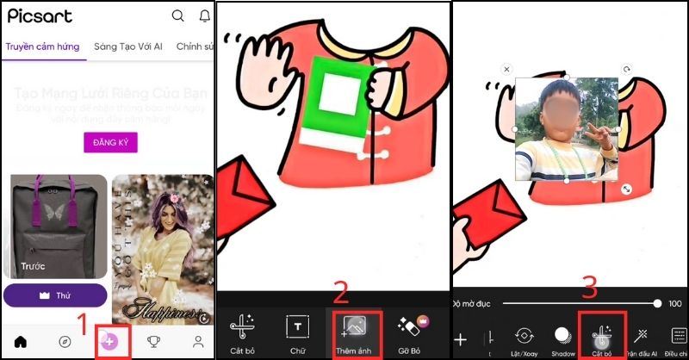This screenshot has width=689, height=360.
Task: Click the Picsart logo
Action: (x=40, y=16)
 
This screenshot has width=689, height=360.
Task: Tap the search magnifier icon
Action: (x=177, y=16)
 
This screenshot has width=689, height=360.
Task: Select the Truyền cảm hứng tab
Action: (x=43, y=47)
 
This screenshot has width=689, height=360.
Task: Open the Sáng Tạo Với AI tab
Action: (x=128, y=47)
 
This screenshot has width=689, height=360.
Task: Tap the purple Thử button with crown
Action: (x=54, y=295)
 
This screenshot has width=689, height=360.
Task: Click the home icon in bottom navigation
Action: (x=20, y=342)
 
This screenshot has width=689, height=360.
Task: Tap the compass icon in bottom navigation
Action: (x=65, y=342)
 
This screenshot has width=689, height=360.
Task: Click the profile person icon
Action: (x=199, y=342)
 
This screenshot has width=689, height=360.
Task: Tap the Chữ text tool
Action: (x=298, y=332)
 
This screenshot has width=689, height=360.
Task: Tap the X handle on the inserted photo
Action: (x=506, y=69)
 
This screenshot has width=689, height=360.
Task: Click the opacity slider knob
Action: (x=658, y=303)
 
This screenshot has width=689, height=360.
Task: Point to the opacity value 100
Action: (x=675, y=303)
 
